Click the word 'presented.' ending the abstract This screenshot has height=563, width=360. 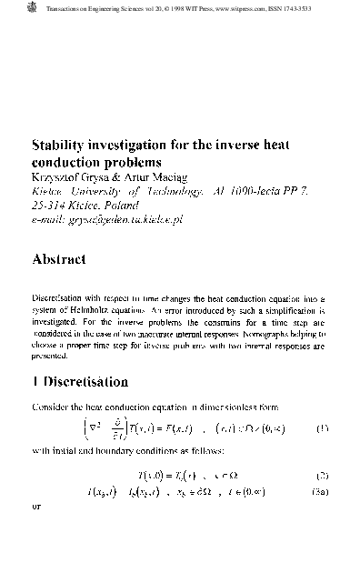click(x=51, y=358)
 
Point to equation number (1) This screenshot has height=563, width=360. click(x=322, y=427)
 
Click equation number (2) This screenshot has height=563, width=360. click(x=322, y=475)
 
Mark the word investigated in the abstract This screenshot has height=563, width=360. click(x=61, y=323)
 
